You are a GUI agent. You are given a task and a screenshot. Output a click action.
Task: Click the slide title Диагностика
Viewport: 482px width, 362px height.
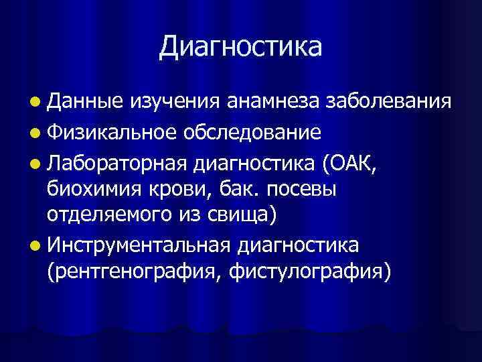tap(241, 46)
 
